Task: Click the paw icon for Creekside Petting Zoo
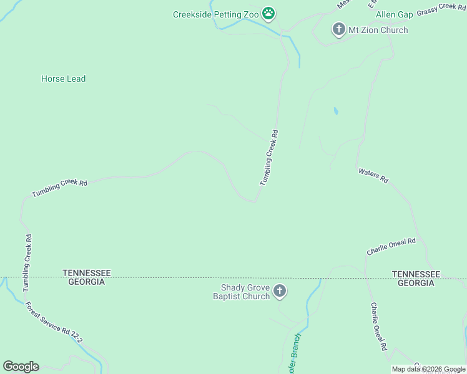(x=269, y=13)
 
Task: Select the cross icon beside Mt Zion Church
(x=338, y=29)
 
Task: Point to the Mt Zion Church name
(x=378, y=30)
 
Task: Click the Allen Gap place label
(x=394, y=14)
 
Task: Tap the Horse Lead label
(x=63, y=79)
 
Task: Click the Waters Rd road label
(x=373, y=175)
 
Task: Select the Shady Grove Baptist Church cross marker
(x=280, y=291)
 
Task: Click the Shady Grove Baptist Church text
(x=244, y=292)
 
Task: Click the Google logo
(x=21, y=367)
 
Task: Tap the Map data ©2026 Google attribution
(x=428, y=370)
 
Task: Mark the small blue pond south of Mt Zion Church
(x=336, y=112)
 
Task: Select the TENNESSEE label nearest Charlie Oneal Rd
(x=416, y=274)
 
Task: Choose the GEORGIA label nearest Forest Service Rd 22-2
(x=84, y=282)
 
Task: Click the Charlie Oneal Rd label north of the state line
(x=391, y=246)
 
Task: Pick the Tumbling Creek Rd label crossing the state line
(x=27, y=262)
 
